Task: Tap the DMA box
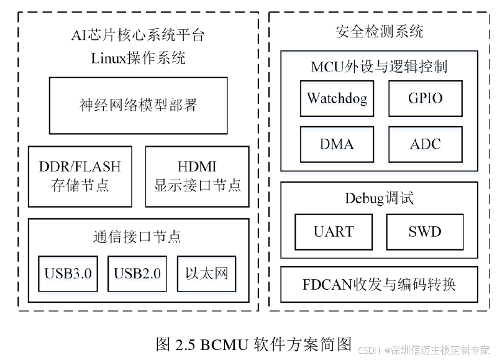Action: pyautogui.click(x=337, y=144)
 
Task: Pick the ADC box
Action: pyautogui.click(x=426, y=144)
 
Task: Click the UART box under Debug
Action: pyautogui.click(x=333, y=232)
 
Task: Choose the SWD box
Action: pyautogui.click(x=425, y=232)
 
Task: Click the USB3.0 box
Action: pyautogui.click(x=68, y=274)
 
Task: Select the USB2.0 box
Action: pyautogui.click(x=137, y=274)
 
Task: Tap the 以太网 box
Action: pyautogui.click(x=207, y=274)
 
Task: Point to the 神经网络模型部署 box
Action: pyautogui.click(x=138, y=105)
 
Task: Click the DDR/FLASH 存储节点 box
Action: pyautogui.click(x=80, y=176)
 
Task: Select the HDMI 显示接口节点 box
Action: pyautogui.click(x=197, y=176)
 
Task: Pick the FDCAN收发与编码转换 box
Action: pyautogui.click(x=380, y=285)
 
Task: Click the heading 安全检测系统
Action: pyautogui.click(x=379, y=31)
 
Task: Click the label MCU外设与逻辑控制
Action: pyautogui.click(x=379, y=67)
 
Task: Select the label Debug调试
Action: pyautogui.click(x=379, y=198)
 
